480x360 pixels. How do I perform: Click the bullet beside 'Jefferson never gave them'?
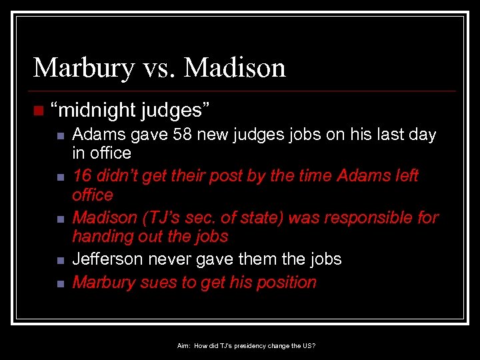click(59, 260)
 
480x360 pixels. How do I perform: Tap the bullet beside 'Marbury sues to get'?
click(59, 283)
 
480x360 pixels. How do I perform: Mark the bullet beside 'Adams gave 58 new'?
click(59, 136)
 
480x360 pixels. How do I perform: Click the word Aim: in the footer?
click(184, 346)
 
